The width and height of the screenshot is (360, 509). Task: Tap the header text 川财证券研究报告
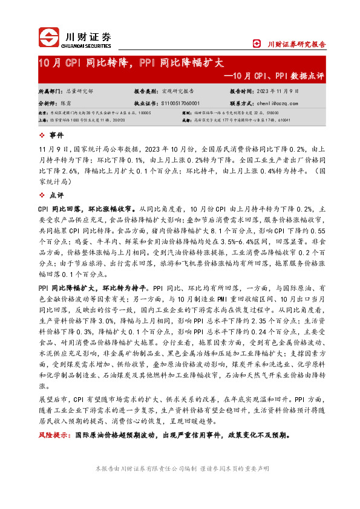coord(296,44)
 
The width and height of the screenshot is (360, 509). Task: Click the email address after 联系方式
coord(283,103)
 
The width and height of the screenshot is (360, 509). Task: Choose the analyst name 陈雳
coord(70,103)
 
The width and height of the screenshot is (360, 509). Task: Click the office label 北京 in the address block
coord(43,112)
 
